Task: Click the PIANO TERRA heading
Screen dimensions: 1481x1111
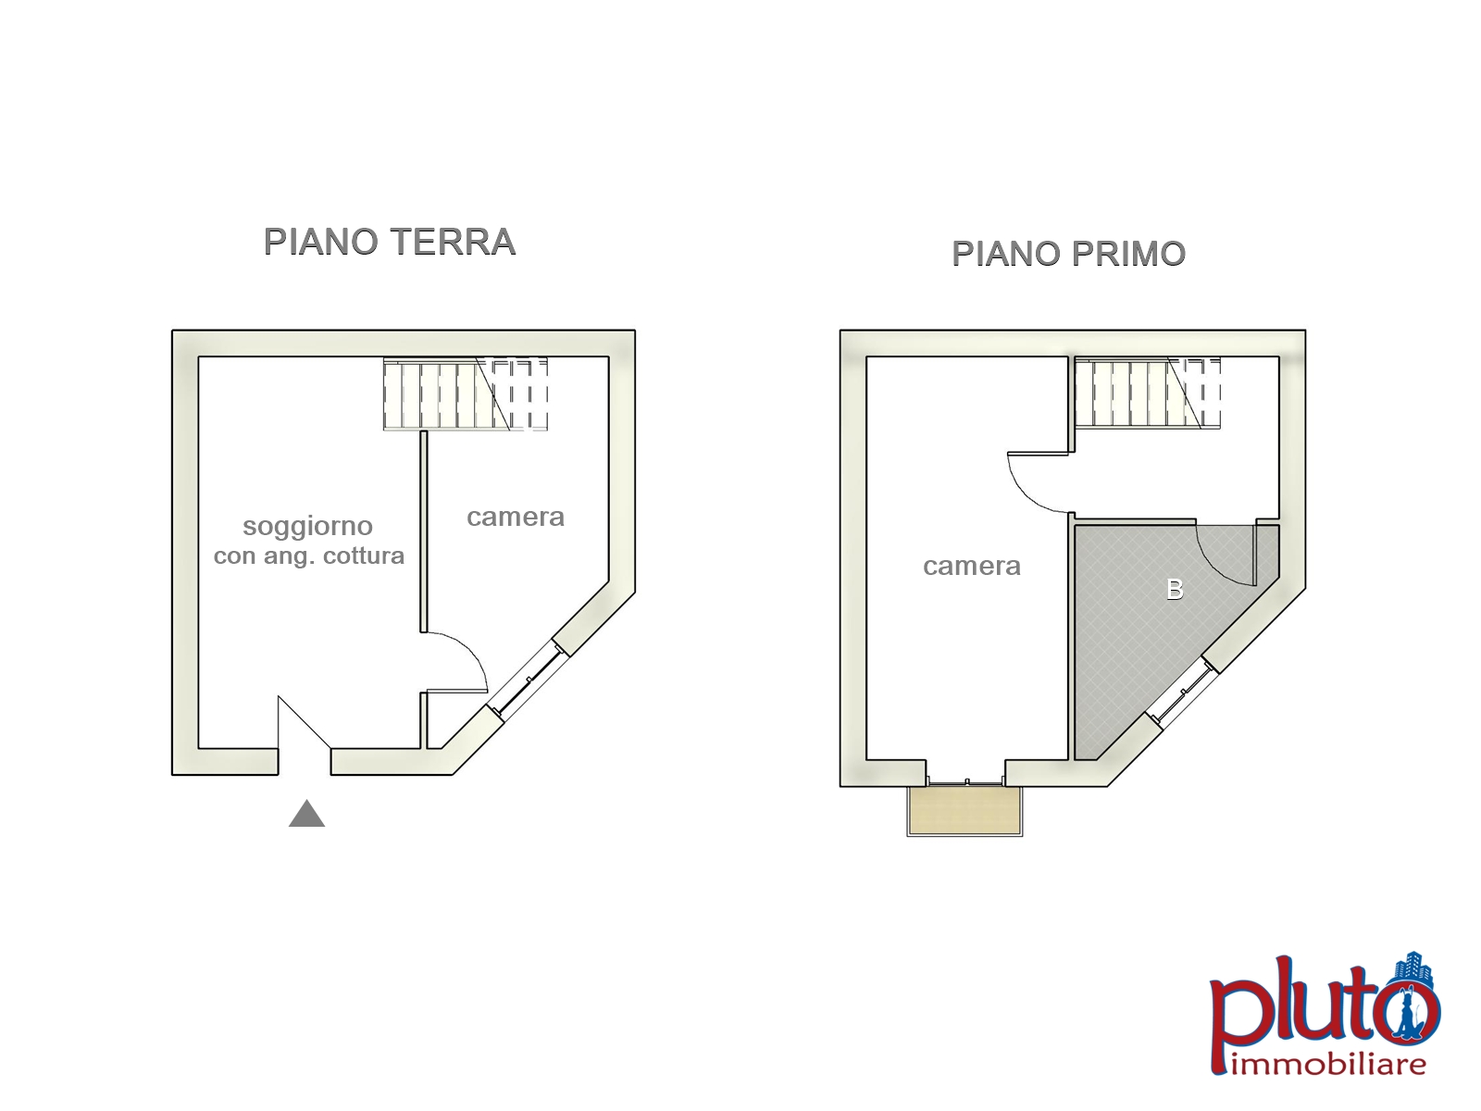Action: (x=390, y=242)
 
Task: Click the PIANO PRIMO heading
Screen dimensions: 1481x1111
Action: (x=1069, y=254)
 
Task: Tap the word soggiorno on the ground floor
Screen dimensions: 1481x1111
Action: (x=307, y=526)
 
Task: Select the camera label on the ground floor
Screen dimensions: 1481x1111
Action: (x=516, y=517)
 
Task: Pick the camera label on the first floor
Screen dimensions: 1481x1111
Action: (x=972, y=566)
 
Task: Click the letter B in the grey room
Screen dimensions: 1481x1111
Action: (x=1175, y=590)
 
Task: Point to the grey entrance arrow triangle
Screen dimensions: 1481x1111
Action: (x=307, y=813)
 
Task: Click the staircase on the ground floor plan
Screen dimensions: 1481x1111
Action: (x=466, y=394)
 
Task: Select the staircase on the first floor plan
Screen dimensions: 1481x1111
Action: (x=1148, y=393)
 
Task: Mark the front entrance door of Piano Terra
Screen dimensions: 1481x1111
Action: (x=305, y=722)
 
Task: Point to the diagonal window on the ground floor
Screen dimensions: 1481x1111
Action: (x=529, y=679)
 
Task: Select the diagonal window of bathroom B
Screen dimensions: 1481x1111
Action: (x=1182, y=693)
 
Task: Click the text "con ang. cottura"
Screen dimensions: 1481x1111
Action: (x=309, y=556)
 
